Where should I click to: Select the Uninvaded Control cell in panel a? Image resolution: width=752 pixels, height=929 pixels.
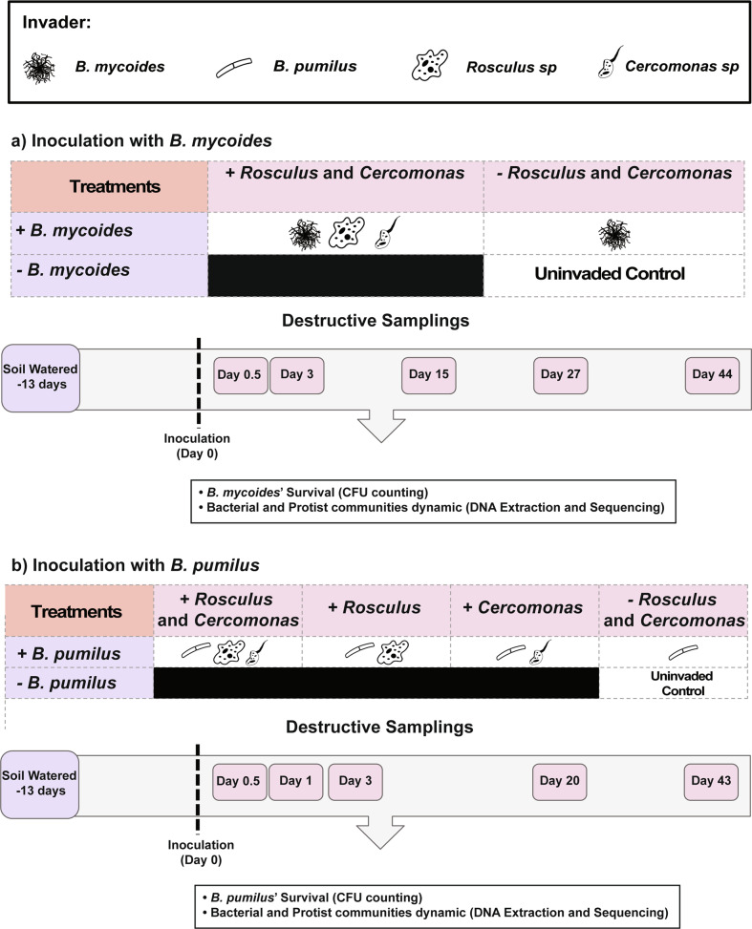(x=617, y=276)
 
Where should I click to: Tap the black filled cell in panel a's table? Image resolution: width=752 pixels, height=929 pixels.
(x=346, y=276)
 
